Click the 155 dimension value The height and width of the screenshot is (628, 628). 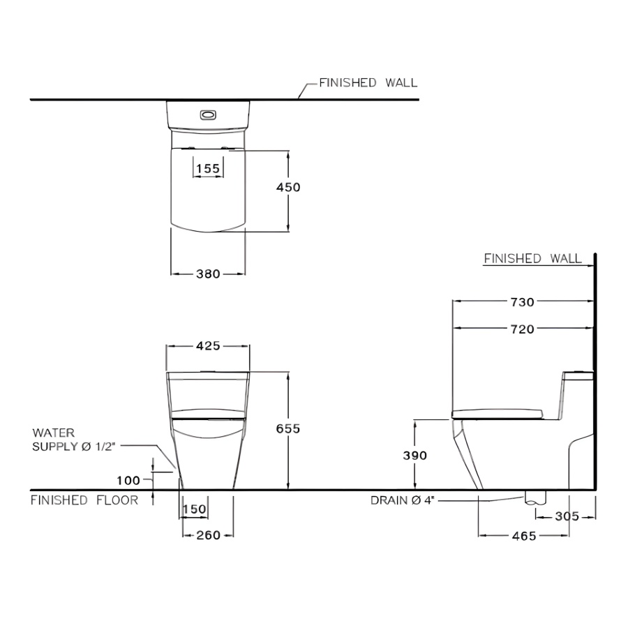click(208, 168)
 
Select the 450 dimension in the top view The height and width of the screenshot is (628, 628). click(288, 188)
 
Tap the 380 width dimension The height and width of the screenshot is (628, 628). click(208, 274)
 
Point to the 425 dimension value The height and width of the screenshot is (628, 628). click(208, 345)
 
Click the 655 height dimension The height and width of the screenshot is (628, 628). click(288, 429)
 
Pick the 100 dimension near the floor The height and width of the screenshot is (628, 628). click(130, 480)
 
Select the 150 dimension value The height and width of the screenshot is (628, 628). click(194, 509)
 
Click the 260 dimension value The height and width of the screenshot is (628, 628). click(208, 535)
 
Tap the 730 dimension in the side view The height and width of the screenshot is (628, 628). click(522, 302)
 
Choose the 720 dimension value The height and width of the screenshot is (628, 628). click(522, 329)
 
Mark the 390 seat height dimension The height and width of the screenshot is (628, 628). click(415, 455)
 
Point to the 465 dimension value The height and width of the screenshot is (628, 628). click(523, 536)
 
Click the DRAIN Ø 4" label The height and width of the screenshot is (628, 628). click(402, 500)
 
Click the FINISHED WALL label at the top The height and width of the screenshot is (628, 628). click(368, 83)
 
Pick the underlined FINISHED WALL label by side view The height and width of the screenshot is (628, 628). click(532, 259)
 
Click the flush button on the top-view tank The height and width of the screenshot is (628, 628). click(208, 114)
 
